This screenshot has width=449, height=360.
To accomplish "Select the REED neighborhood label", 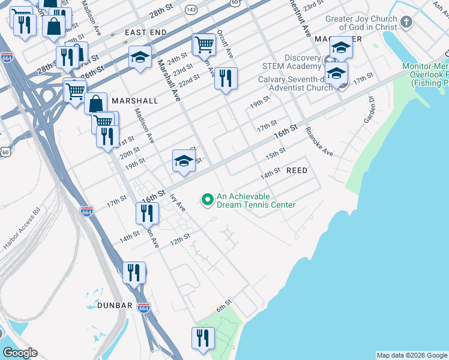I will tap(297, 171).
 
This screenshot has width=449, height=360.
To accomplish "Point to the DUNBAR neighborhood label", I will tap(115, 305).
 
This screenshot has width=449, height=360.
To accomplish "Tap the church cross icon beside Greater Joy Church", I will tap(407, 23).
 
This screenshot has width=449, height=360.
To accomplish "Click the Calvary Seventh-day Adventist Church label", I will tap(295, 83).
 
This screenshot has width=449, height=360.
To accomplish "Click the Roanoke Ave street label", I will tap(319, 142).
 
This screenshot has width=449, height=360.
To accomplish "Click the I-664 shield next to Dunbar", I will tap(143, 308).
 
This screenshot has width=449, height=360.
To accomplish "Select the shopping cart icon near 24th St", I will tap(204, 44).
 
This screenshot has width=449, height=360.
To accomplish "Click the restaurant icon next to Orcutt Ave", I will tap(226, 79).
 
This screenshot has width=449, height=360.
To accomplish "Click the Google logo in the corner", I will tap(20, 353).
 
